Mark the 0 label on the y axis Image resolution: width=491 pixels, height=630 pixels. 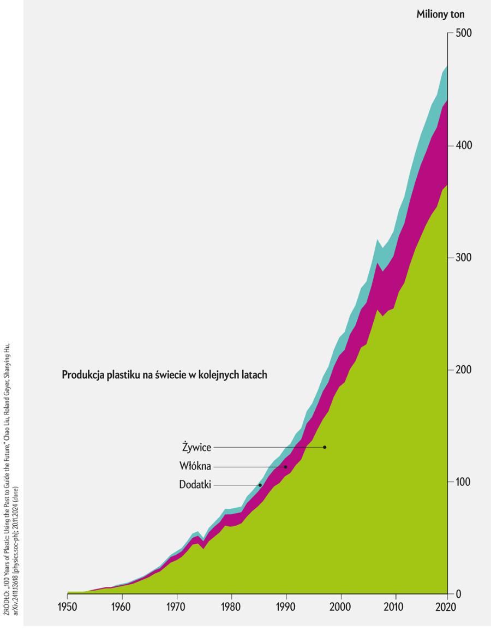[x=459, y=594]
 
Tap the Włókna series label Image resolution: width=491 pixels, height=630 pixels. [x=195, y=466]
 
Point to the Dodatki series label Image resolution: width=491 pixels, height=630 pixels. [x=195, y=485]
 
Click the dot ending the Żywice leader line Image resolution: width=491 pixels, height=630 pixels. [x=325, y=447]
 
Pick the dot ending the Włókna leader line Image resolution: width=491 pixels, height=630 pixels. [x=285, y=467]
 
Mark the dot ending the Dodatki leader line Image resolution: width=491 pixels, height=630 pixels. [x=260, y=485]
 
